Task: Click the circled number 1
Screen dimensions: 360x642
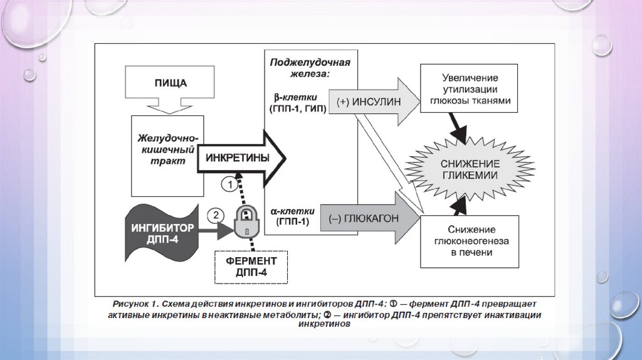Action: [230, 185]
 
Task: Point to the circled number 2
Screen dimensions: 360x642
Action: [215, 215]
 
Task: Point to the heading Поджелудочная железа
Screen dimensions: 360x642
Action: [310, 67]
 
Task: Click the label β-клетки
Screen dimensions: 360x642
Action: [295, 98]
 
